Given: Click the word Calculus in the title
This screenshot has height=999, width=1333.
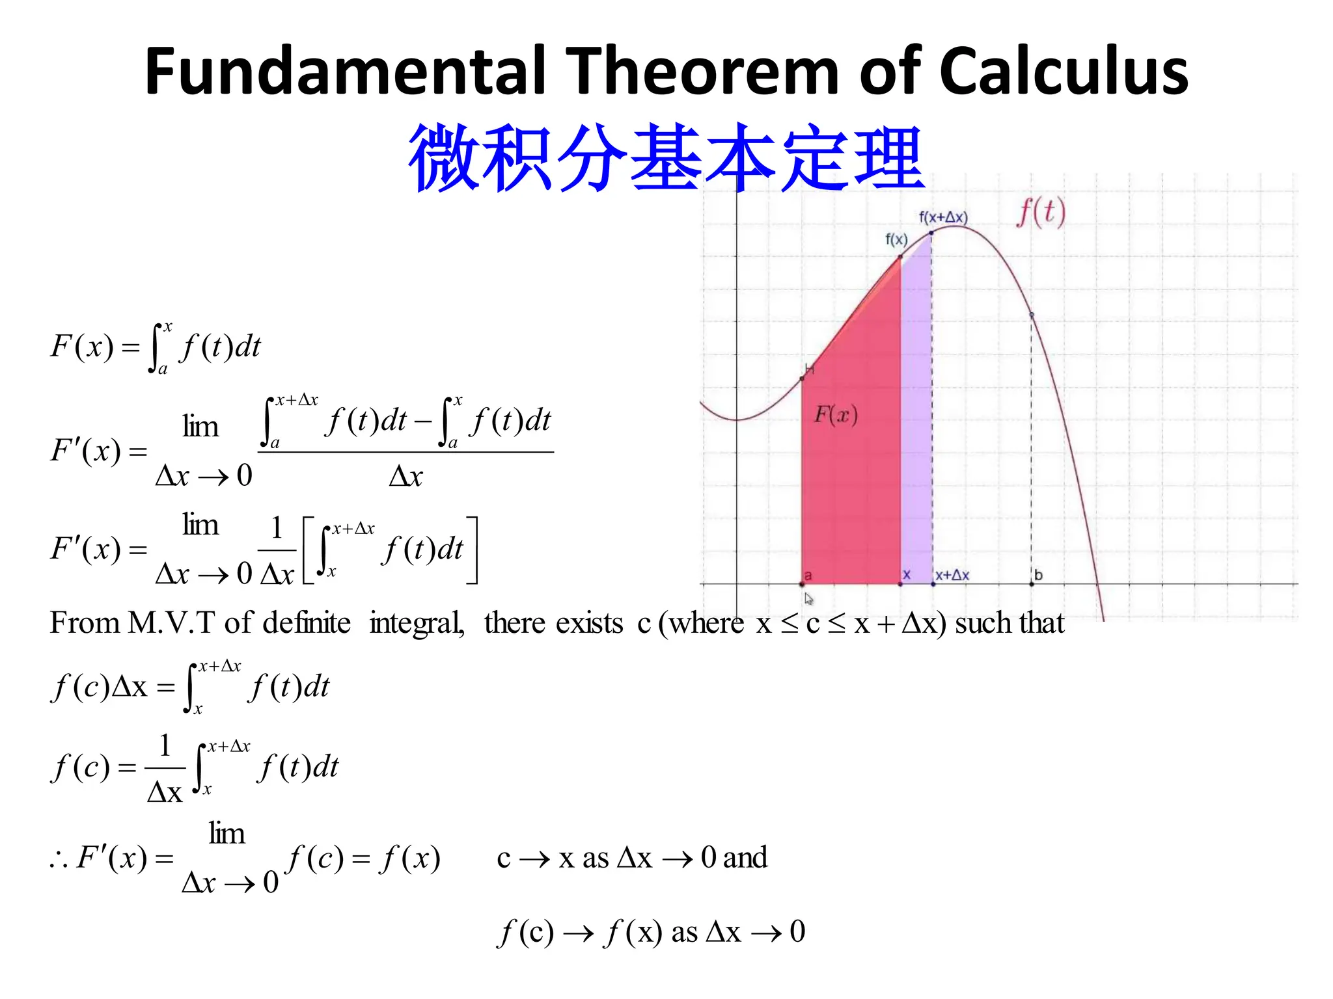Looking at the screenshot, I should pos(1064,72).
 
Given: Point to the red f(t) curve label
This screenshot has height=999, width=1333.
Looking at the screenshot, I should pos(1041,213).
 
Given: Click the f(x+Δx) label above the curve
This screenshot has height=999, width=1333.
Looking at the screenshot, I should pos(943,217).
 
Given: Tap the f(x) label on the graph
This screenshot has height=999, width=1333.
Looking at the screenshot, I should pos(896,239).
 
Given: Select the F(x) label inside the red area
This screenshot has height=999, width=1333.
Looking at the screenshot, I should pos(836,414).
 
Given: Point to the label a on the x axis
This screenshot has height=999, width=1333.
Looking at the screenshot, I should pos(808,575).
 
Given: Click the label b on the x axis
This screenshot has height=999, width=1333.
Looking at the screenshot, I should pos(1038,575).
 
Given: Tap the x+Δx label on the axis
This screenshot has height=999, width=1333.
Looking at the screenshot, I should pos(952,575).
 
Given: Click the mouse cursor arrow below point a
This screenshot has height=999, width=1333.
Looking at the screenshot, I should pos(808,599).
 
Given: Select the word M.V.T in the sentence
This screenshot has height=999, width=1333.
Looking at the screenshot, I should pos(171,623).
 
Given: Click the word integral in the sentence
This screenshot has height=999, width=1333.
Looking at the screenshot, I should pos(417,623).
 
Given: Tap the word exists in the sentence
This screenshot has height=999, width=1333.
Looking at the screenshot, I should pos(589,623).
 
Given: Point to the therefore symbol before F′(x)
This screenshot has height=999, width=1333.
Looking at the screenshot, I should pos(59,860).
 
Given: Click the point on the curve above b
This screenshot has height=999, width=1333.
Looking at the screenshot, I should pos(1032,315).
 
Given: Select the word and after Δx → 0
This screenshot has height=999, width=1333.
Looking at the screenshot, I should pos(745,857).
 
